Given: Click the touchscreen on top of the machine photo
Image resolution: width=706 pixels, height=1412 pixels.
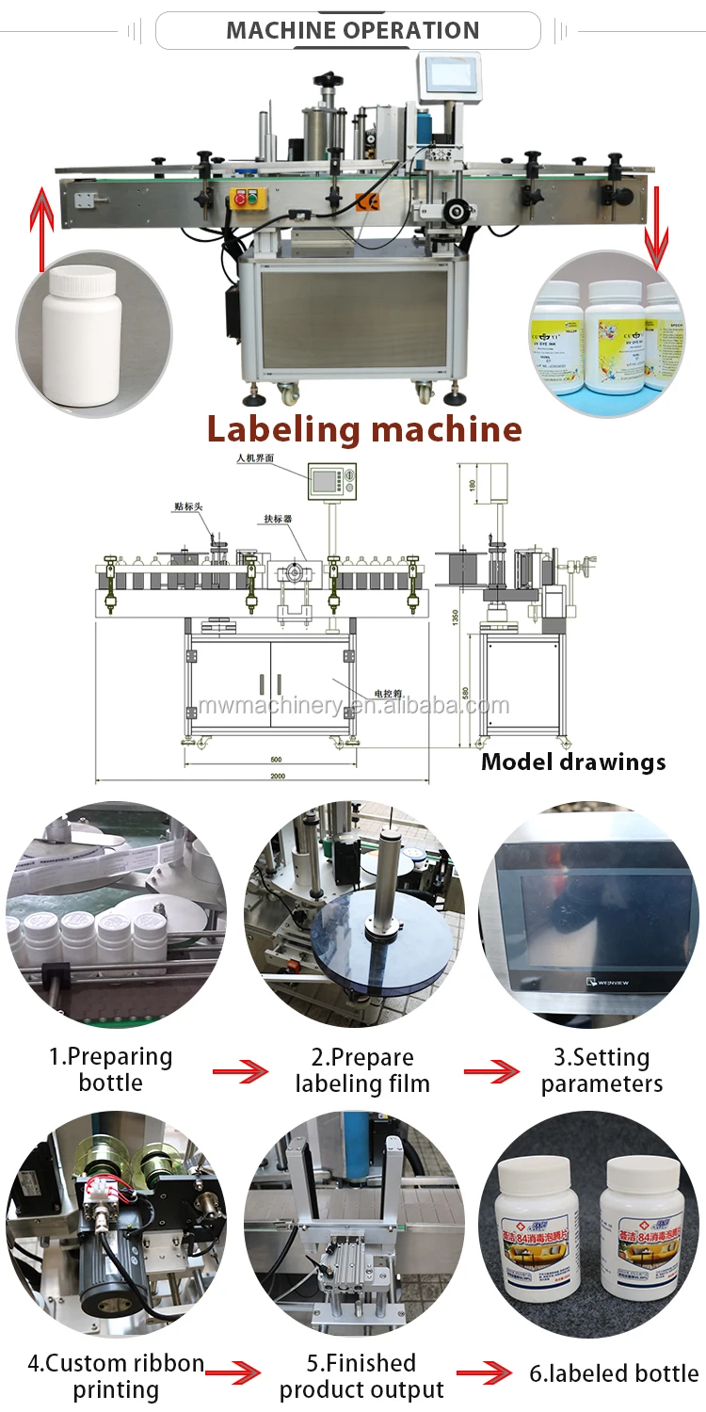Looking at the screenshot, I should click(447, 72).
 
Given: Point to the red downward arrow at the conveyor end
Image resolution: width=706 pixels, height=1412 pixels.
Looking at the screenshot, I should click(656, 226).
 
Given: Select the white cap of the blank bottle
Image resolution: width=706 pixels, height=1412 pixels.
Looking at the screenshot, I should click(84, 280).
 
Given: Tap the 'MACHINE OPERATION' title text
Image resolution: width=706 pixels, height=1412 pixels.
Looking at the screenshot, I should click(352, 29).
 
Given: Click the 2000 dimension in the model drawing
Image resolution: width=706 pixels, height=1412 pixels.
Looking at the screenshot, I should click(278, 776).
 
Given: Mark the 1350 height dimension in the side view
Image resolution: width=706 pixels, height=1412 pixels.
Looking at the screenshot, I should click(454, 617).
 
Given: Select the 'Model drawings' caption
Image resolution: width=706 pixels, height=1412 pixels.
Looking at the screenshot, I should click(573, 762).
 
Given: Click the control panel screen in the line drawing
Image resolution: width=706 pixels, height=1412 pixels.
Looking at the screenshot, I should click(325, 482).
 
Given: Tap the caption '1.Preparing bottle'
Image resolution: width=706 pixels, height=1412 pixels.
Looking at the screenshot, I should click(111, 1069).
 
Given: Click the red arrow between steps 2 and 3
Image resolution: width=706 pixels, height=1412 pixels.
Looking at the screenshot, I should click(491, 1071).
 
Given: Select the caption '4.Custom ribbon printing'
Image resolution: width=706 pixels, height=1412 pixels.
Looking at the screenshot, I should click(116, 1375).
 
